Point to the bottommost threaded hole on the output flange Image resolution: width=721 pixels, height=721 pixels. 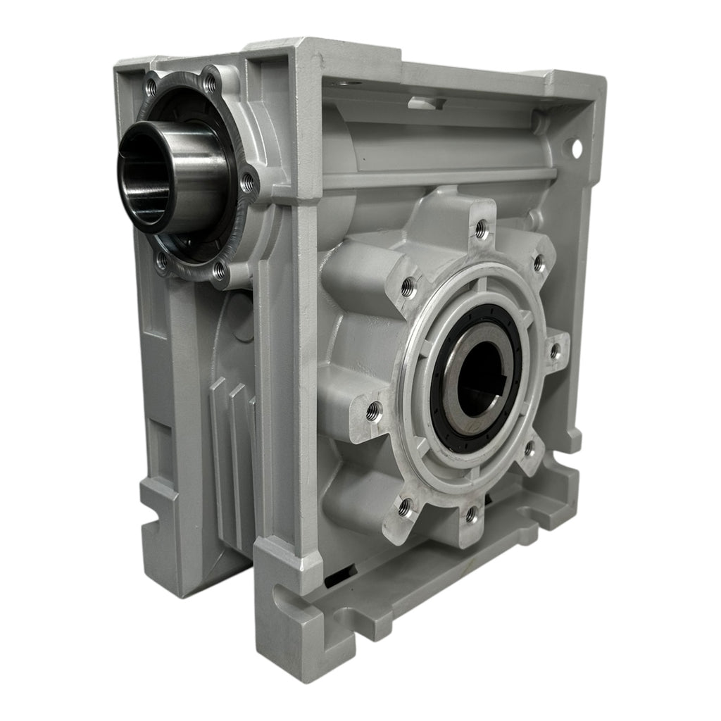click(x=471, y=517)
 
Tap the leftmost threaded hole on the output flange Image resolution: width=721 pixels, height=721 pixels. click(x=374, y=408)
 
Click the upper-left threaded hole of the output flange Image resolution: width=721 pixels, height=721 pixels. click(x=408, y=284)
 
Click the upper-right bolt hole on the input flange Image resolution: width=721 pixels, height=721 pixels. click(x=209, y=80)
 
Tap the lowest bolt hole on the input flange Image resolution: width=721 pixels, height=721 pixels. click(x=219, y=268)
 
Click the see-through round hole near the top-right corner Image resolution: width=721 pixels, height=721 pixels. click(x=577, y=149)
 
